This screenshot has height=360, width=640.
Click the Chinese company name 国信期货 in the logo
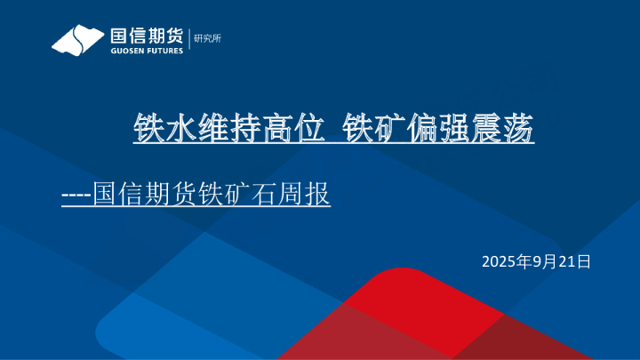146,36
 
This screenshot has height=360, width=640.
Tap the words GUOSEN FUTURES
146,52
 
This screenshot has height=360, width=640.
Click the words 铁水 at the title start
160,130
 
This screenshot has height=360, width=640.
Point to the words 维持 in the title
220,130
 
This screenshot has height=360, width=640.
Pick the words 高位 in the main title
277,130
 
